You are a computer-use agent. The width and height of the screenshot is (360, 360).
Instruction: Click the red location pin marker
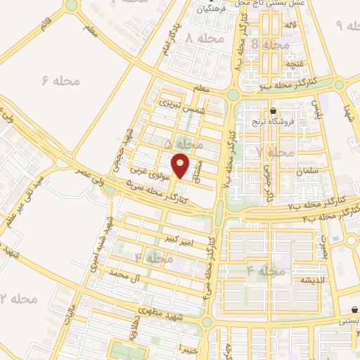click(x=181, y=165)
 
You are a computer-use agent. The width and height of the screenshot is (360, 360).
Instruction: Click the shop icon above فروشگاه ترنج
click(x=273, y=111)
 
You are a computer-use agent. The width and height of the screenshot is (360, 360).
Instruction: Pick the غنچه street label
click(x=290, y=64)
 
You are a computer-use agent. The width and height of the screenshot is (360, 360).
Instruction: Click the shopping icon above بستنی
click(x=356, y=310)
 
